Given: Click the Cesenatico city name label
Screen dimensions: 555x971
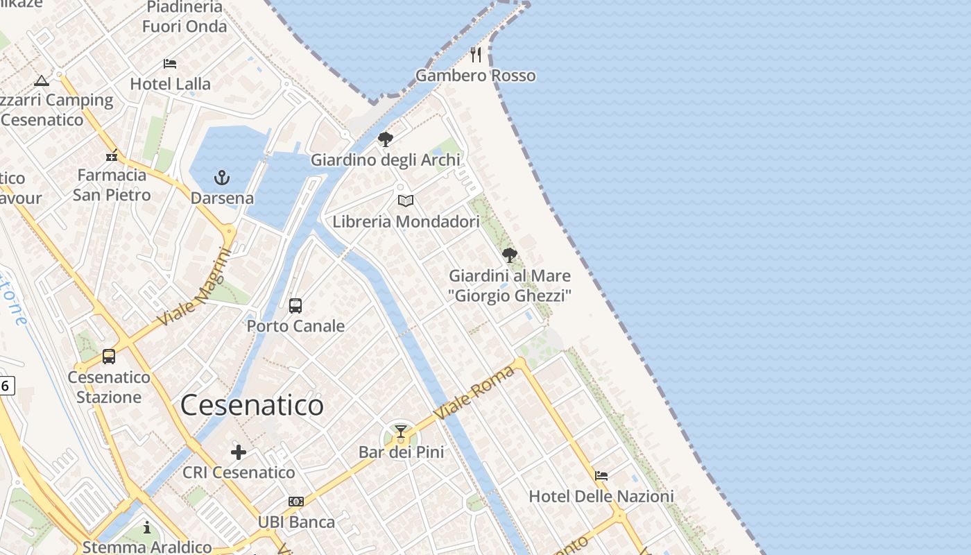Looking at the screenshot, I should [252, 405].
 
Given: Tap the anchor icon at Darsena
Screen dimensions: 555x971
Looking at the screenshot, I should [222, 178].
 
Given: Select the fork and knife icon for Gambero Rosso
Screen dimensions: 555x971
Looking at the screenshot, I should [476, 55].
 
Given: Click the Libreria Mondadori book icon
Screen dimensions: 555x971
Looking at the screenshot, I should [406, 201].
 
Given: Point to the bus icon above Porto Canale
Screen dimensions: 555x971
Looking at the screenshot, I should [295, 305].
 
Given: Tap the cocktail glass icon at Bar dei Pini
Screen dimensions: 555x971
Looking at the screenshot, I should [401, 432].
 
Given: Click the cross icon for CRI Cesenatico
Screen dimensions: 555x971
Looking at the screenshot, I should [239, 452].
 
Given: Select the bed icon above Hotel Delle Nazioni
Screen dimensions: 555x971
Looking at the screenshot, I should [601, 476].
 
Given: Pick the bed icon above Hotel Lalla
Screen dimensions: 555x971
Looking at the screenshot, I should [170, 64].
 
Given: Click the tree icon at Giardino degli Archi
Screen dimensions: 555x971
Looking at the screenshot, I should [386, 139].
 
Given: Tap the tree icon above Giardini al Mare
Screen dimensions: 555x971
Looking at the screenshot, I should [510, 255].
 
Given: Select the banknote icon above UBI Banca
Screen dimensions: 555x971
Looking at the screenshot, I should [296, 502].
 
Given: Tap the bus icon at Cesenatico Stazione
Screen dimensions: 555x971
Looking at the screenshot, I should [109, 357].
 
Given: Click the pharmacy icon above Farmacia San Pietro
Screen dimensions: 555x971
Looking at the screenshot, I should [112, 155].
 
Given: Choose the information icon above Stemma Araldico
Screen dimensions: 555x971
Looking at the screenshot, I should [147, 528].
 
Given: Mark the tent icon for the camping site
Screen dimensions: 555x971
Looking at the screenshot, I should [42, 80].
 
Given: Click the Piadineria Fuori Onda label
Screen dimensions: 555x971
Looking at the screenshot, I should [184, 17].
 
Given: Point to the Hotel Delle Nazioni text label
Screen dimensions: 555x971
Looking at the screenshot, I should [601, 497].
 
